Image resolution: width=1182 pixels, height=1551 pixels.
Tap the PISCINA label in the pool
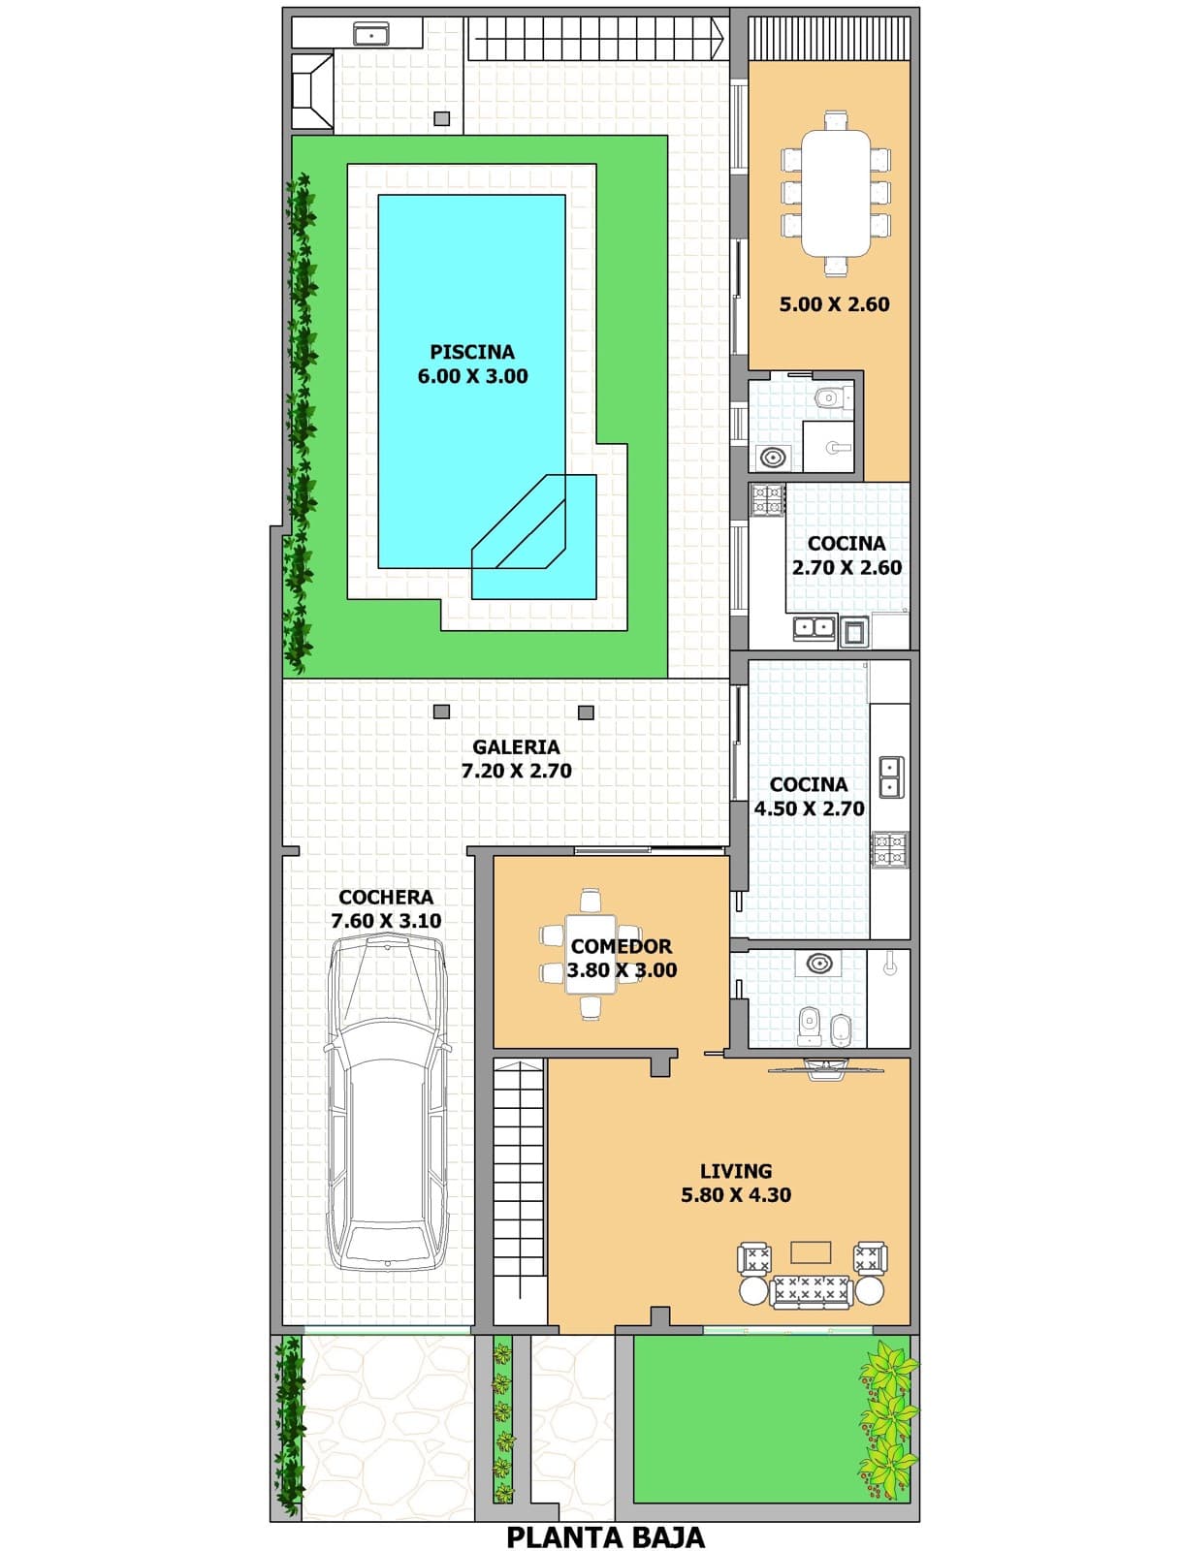[x=472, y=351]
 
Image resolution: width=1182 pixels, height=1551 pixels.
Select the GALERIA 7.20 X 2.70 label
[x=517, y=758]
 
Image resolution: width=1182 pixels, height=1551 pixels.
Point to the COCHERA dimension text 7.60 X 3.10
[x=387, y=920]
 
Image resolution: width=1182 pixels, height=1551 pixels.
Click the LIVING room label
[x=736, y=1171]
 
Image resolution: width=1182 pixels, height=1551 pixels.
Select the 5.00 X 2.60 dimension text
[x=835, y=304]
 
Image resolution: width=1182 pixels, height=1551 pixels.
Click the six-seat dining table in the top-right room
[x=835, y=193]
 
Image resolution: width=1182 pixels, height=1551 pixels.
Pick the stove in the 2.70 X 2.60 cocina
[x=768, y=498]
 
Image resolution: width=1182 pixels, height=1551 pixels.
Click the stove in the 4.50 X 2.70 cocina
[x=889, y=850]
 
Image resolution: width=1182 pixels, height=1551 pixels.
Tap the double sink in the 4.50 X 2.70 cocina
[x=890, y=776]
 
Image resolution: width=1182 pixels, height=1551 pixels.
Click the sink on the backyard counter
[x=371, y=33]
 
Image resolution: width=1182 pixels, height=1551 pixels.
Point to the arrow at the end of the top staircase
[x=719, y=38]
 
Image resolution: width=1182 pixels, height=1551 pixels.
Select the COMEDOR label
[x=621, y=946]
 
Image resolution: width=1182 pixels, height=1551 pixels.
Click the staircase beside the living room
[x=520, y=1190]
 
